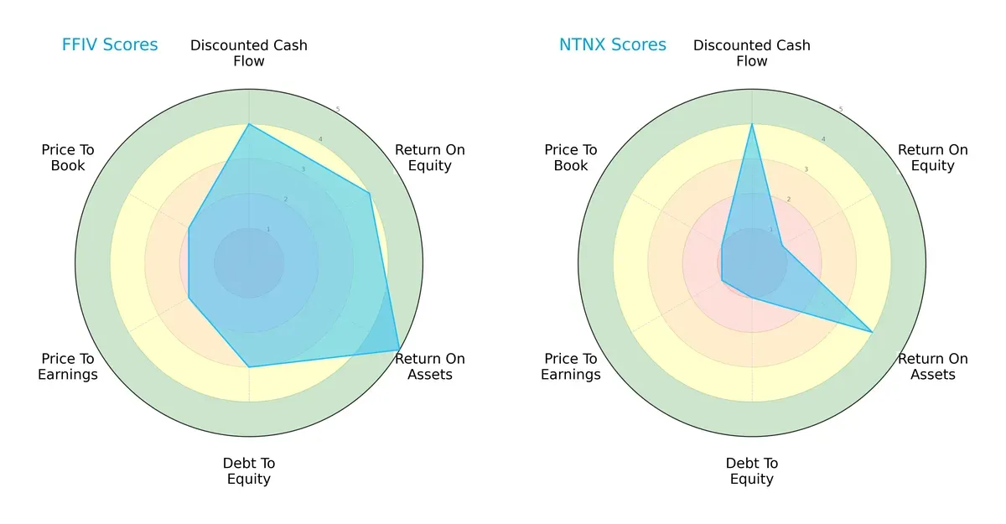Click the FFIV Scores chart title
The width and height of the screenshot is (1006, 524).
coord(110,44)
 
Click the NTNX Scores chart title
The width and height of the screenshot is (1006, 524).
coord(613,44)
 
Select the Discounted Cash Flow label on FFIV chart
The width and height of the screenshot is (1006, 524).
coord(249,53)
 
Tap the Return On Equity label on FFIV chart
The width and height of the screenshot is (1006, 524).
coord(430,158)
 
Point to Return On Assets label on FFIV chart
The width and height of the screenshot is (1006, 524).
coord(430,366)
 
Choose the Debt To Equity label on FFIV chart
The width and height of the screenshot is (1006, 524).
coord(249,471)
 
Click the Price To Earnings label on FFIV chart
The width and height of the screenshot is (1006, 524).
coord(68,366)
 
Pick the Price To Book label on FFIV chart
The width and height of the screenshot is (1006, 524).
coord(68,158)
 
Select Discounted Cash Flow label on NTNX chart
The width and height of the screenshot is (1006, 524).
coord(752,53)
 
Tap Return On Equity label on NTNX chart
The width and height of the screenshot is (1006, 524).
coord(933,158)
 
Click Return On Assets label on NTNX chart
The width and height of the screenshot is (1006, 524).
coord(933,366)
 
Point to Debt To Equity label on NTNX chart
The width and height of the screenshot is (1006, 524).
coord(752,471)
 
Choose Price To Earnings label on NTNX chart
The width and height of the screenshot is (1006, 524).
coord(571,366)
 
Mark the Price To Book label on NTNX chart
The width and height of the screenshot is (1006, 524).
coord(571,158)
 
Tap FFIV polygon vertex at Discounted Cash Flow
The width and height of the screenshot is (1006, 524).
coord(249,124)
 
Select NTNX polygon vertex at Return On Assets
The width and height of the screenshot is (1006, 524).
coord(873,333)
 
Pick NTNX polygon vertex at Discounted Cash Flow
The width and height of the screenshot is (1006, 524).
coord(752,124)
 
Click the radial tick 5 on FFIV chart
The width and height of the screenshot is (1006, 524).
coord(338,110)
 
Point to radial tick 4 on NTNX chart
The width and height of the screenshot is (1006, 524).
coord(822,139)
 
